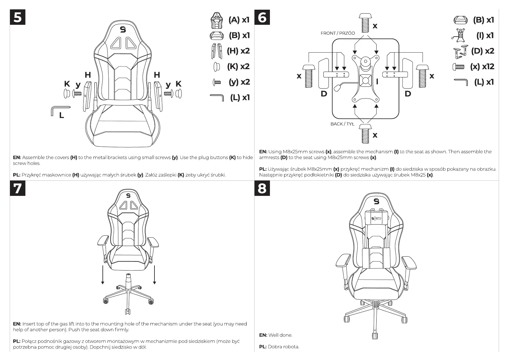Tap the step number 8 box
[262, 188]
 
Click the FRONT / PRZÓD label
[338, 33]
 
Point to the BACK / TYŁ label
[342, 124]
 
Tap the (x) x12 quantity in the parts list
[482, 66]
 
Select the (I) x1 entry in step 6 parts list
[485, 35]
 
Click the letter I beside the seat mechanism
[377, 81]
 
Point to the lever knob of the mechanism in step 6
[337, 87]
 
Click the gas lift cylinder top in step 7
[128, 276]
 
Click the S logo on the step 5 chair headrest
[123, 29]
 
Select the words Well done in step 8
[280, 335]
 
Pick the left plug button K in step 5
[67, 93]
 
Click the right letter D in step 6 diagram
[408, 94]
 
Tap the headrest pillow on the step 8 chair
[376, 219]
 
